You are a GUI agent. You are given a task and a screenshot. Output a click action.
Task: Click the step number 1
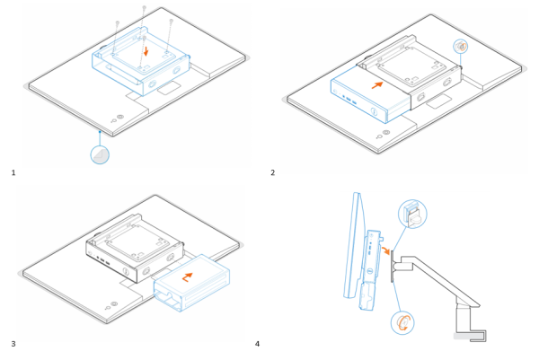click(13, 171)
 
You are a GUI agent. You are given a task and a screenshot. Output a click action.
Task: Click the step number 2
click(273, 171)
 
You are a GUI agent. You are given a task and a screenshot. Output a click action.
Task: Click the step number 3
click(13, 343)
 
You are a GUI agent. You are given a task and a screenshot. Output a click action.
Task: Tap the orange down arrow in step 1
click(147, 51)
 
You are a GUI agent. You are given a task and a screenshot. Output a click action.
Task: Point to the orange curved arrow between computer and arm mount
click(387, 254)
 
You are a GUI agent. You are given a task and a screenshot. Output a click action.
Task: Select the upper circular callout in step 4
click(412, 215)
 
